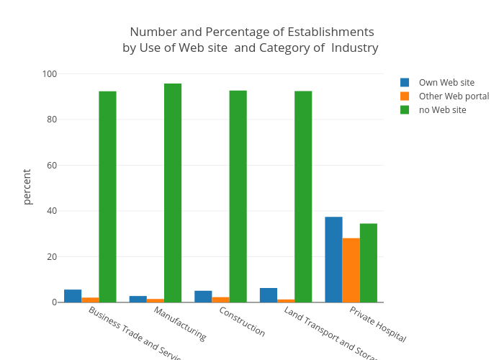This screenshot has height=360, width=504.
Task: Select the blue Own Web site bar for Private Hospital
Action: point(333,259)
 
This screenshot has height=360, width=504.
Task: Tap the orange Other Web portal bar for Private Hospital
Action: point(351,270)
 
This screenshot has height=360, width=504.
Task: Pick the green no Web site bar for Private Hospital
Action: point(369,263)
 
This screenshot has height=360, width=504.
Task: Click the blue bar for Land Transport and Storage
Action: point(269,295)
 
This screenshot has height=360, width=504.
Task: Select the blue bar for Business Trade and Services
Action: point(73,296)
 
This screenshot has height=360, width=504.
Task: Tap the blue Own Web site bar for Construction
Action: point(203,297)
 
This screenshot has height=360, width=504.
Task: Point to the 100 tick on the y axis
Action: point(50,74)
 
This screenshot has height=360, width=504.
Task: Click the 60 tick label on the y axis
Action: point(52,166)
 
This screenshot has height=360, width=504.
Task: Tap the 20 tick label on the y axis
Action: point(52,257)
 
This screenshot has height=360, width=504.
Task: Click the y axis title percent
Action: point(27,187)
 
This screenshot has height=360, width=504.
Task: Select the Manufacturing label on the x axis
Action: point(180,323)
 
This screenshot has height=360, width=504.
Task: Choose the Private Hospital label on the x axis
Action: point(378,324)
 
